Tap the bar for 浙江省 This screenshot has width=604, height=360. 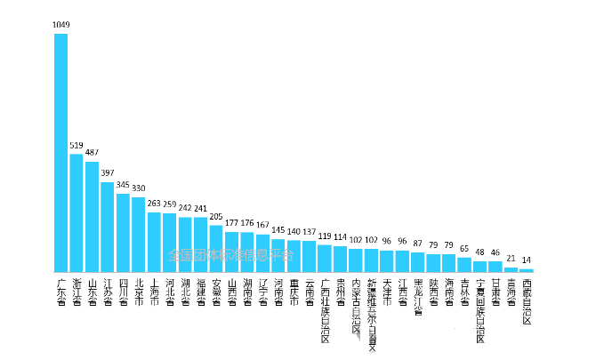tap(77, 213)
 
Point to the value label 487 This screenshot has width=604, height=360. tap(92, 153)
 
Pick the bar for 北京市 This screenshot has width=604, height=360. tap(139, 235)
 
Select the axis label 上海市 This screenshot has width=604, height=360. tap(154, 291)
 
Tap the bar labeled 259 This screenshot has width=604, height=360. tap(170, 243)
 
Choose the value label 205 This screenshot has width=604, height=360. tap(216, 216)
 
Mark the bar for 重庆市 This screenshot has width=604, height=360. tap(294, 256)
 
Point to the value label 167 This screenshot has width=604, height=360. tap(262, 225)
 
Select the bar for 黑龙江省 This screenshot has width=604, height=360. tap(418, 262)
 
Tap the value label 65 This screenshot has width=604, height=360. tap(464, 248)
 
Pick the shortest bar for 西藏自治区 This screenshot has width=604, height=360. tap(527, 270)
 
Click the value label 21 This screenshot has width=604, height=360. tap(511, 258)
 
